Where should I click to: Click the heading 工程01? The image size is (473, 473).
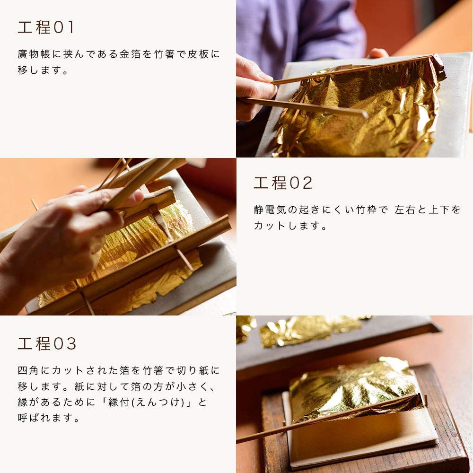pos(46,27)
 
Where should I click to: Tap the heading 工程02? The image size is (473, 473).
pos(283,183)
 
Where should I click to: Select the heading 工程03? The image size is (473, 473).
pos(47,344)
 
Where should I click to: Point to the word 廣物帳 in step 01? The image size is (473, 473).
pos(35,54)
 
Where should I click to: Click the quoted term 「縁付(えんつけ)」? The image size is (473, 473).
pos(156,403)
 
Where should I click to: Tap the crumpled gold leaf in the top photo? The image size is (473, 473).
pos(359,109)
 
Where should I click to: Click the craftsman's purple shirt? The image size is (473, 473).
pos(303,28)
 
